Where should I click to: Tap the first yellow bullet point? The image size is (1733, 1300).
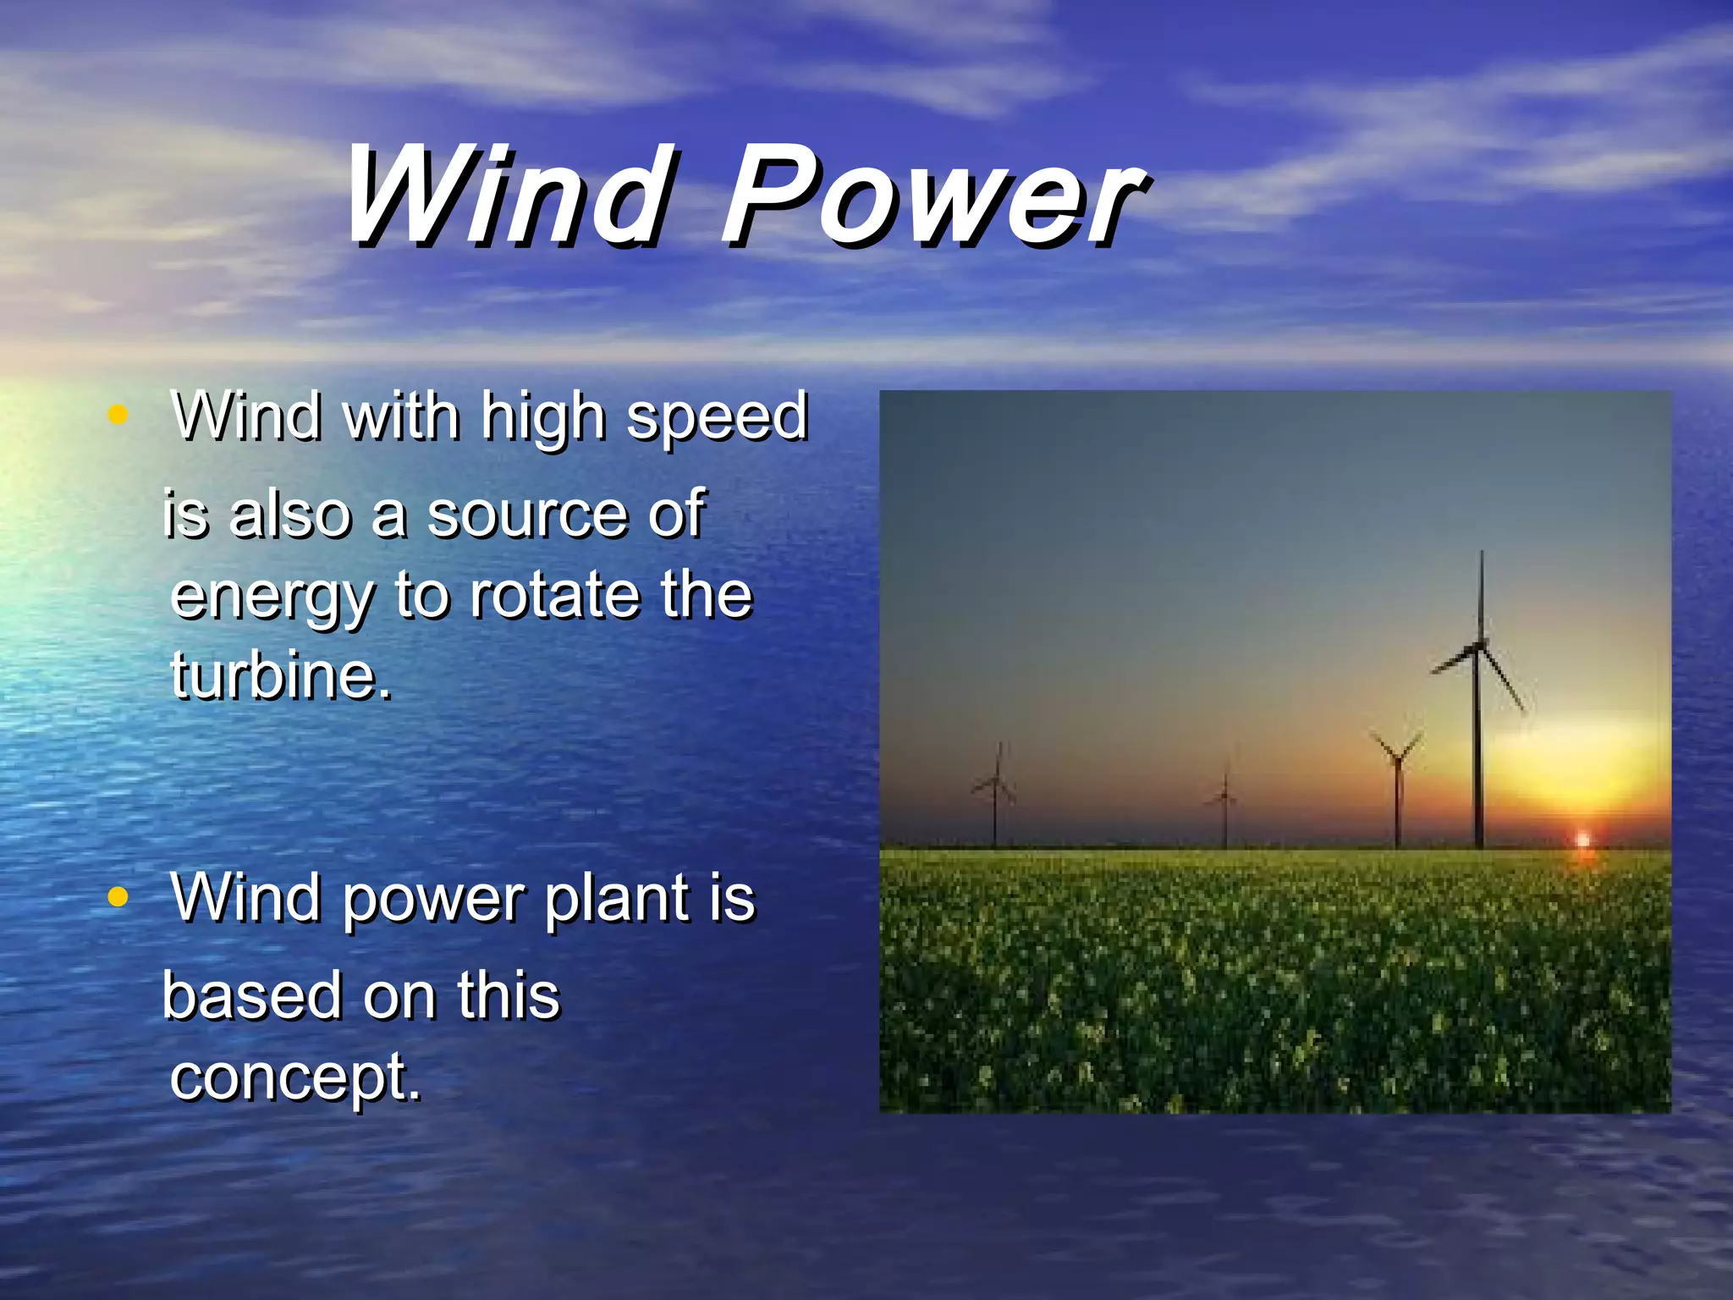[x=118, y=415]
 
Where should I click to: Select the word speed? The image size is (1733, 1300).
[x=717, y=419]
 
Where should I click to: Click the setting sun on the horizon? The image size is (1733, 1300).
[x=1582, y=840]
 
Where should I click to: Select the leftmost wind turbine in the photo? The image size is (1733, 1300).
[x=996, y=791]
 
